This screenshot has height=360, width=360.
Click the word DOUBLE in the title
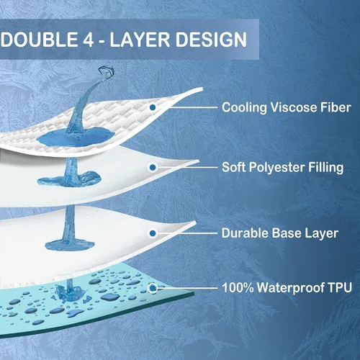[x=40, y=39]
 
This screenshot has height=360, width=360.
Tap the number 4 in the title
[x=88, y=40]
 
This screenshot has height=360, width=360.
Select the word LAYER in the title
[x=140, y=40]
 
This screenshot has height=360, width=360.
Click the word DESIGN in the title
[x=211, y=40]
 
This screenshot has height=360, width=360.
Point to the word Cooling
[x=244, y=108]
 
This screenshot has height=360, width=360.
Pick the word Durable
[x=245, y=233]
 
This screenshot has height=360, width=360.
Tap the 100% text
[x=238, y=287]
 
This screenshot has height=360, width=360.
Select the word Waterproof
[x=291, y=288]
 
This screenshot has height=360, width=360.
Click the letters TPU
[x=340, y=287]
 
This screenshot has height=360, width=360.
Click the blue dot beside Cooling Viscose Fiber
[x=153, y=107]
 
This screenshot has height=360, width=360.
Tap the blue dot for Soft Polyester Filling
[x=153, y=168]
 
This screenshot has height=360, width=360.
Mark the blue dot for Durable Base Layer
[x=153, y=233]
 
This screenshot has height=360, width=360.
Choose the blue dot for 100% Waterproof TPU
[x=153, y=288]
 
